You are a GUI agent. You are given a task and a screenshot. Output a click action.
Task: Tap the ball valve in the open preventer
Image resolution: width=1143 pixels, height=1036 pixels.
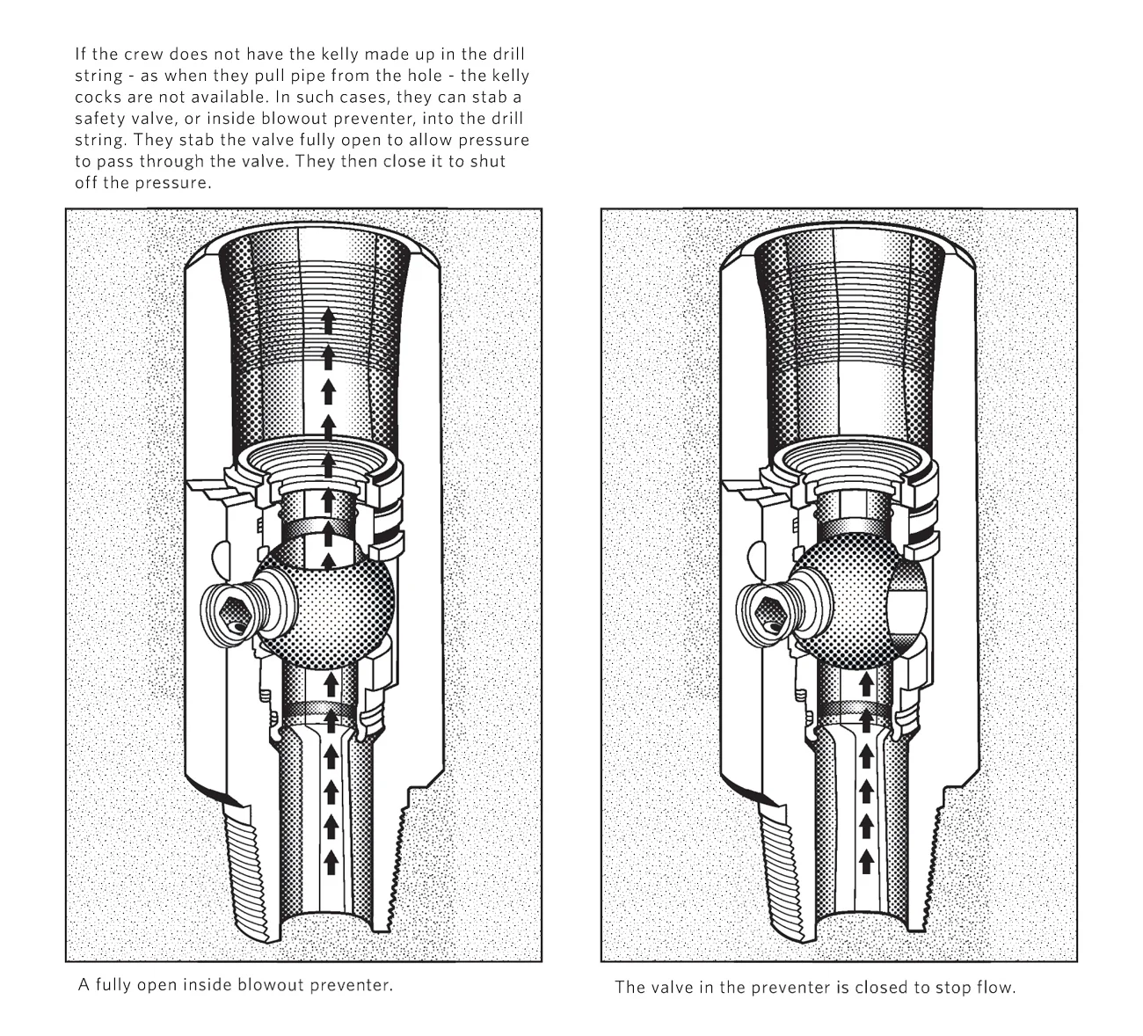330,607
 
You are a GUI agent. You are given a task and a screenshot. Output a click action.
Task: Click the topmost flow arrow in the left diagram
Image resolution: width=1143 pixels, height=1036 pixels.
329,317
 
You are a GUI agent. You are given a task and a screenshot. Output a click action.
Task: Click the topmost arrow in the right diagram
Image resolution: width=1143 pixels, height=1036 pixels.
865,682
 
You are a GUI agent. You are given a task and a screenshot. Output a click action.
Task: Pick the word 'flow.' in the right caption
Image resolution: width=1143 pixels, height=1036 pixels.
995,987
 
